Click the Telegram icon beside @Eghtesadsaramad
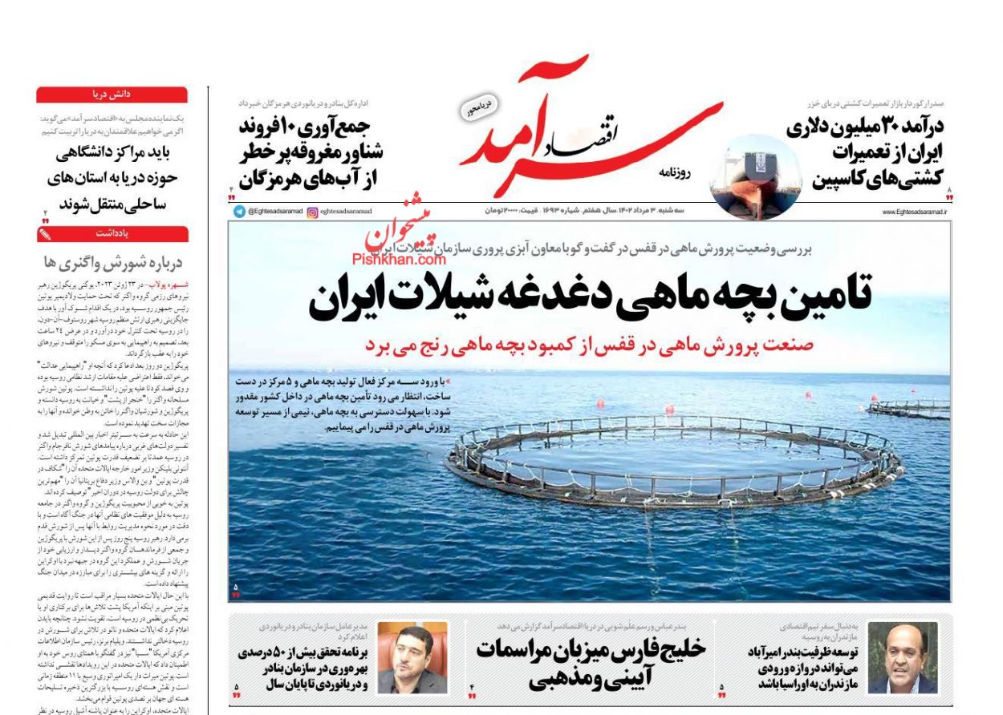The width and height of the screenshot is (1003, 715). [239, 212]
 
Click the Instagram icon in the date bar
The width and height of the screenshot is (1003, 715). [312, 212]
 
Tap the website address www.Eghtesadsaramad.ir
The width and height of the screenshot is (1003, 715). [914, 212]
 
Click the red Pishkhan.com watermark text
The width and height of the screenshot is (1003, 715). [399, 258]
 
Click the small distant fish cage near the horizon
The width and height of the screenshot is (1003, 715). [908, 408]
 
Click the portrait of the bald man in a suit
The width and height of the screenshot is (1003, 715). [902, 658]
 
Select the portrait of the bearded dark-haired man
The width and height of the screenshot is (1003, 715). [412, 657]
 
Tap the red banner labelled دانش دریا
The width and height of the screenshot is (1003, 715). [112, 95]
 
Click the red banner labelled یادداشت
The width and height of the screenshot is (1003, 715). [112, 234]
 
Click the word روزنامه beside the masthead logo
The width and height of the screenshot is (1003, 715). [696, 172]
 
